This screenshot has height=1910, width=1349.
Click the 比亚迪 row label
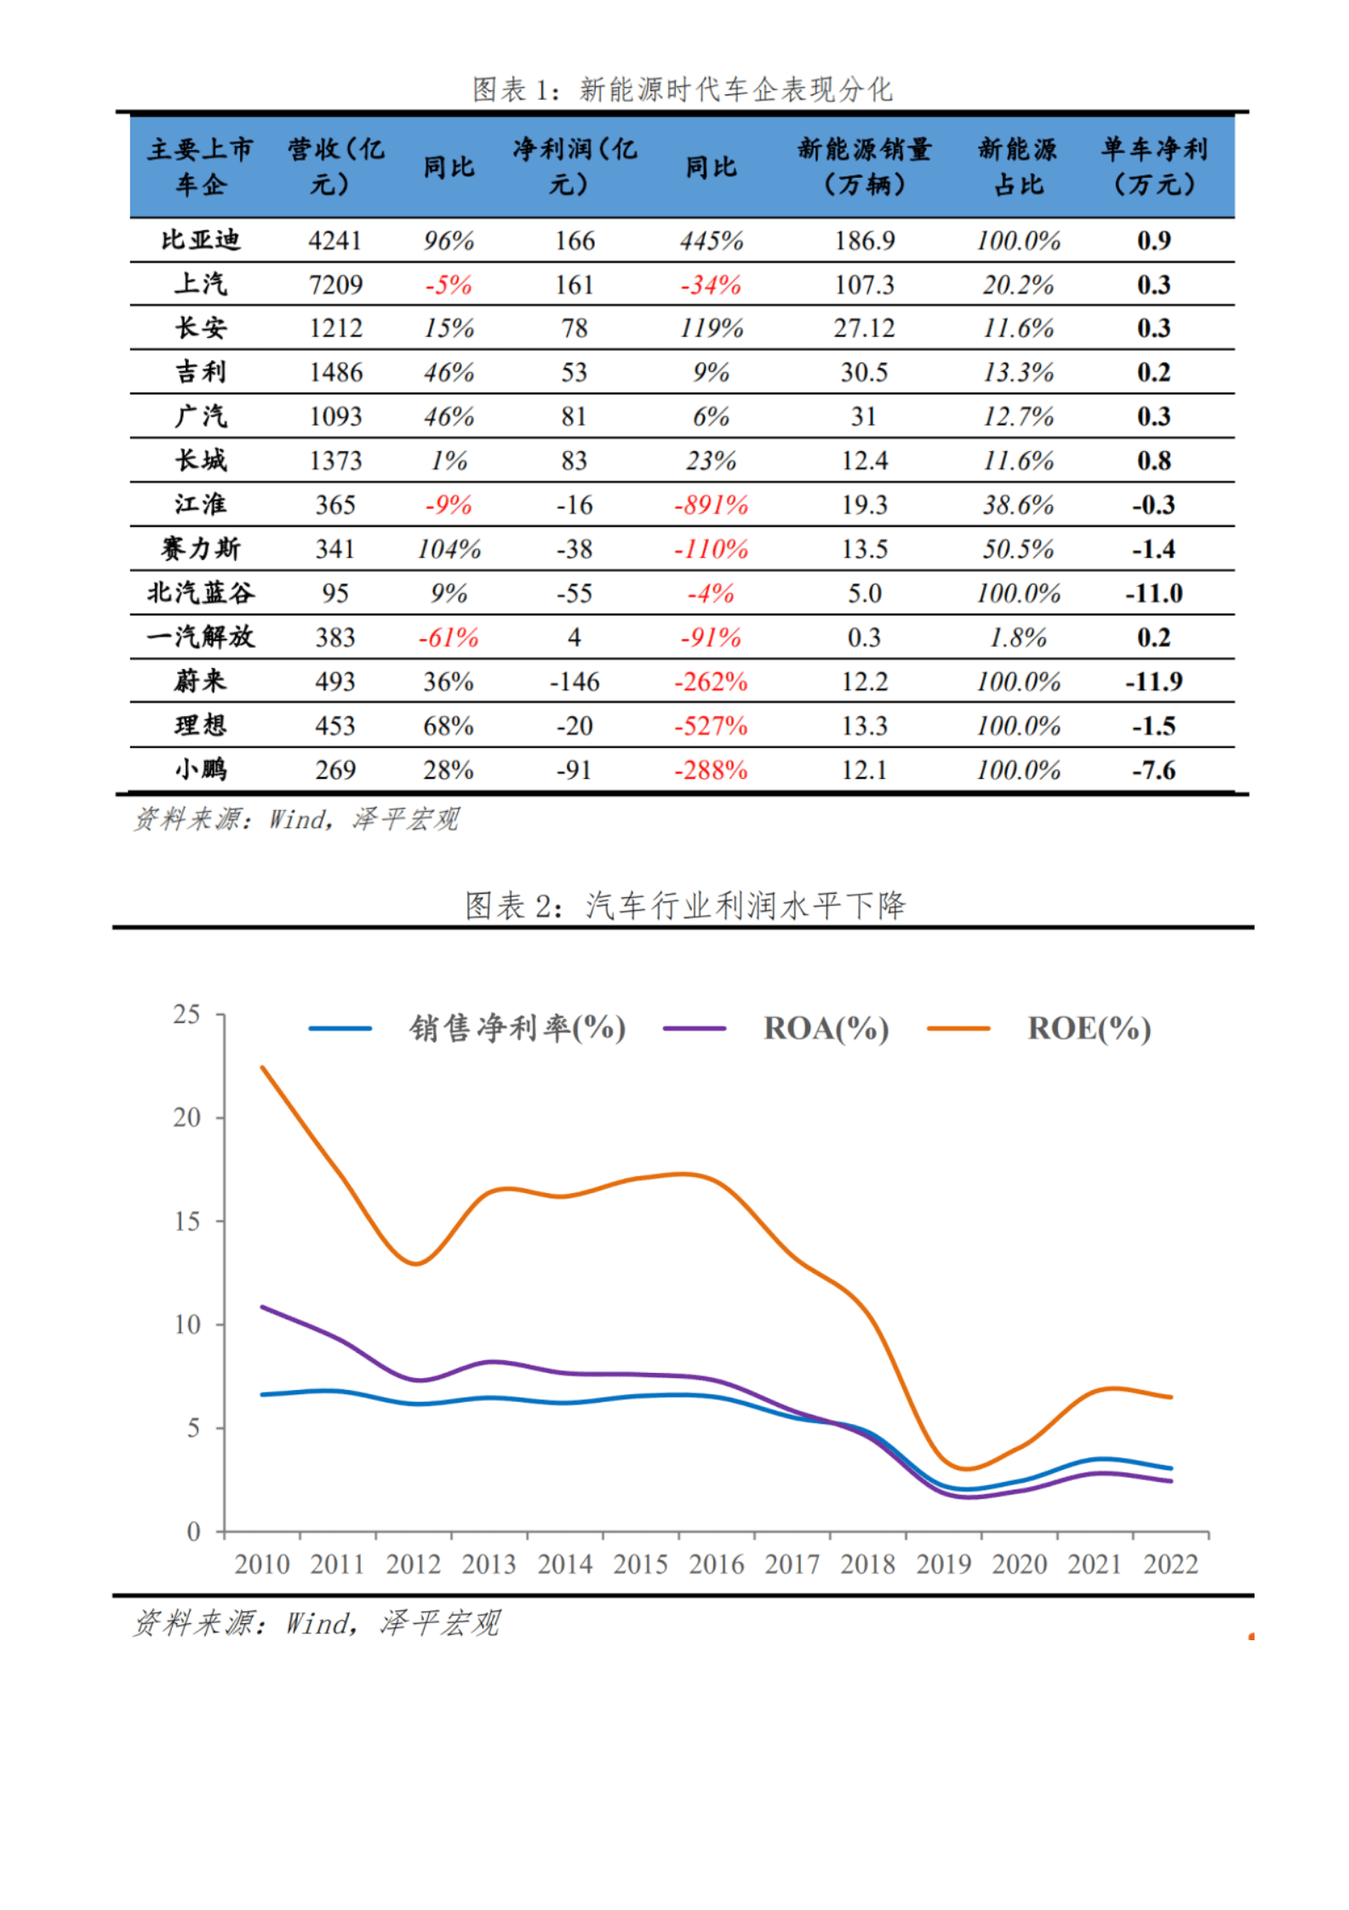tap(201, 241)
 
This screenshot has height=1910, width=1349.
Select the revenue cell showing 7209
tap(335, 285)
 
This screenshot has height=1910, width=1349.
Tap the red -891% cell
tap(711, 506)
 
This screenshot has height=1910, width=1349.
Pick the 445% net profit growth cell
tap(711, 241)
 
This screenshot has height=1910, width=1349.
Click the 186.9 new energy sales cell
tap(864, 241)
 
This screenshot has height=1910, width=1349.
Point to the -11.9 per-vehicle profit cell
tap(1153, 682)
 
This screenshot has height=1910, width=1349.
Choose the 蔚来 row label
tap(201, 682)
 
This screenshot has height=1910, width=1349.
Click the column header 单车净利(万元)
tap(1153, 167)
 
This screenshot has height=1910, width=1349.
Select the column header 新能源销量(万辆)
tap(864, 167)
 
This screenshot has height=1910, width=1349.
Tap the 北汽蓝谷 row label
tap(201, 593)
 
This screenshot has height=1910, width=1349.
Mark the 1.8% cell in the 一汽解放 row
tap(1018, 638)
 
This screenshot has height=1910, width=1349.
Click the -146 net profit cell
tap(574, 682)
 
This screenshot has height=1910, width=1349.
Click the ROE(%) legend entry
tap(1089, 1028)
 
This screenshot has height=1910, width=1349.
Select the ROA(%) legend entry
tap(826, 1028)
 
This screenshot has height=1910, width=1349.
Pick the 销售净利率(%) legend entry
tap(517, 1028)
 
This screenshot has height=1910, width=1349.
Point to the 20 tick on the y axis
tap(187, 1118)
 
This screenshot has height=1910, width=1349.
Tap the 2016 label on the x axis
tap(716, 1564)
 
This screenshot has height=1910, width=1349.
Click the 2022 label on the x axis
tap(1170, 1564)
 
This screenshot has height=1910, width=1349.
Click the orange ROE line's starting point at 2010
tap(263, 1067)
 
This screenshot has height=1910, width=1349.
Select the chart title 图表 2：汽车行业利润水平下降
tap(684, 906)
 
